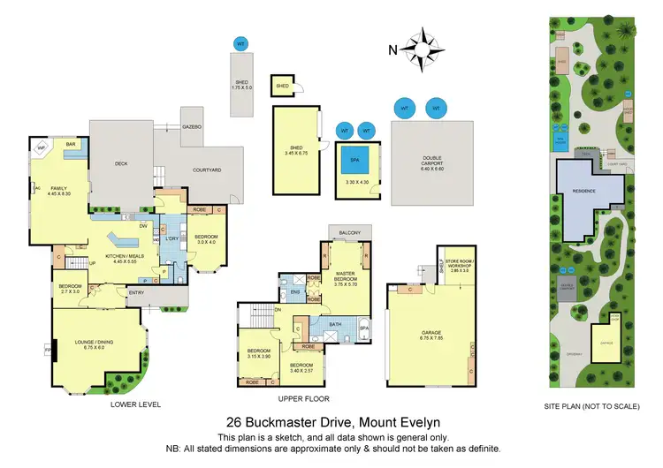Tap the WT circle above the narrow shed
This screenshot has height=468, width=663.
[x=240, y=43]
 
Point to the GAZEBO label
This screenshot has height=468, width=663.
[x=193, y=127]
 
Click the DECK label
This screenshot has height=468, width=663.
[x=122, y=163]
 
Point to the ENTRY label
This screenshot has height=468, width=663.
[x=136, y=292]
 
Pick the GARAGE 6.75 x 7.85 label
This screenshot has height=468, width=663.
[x=431, y=336]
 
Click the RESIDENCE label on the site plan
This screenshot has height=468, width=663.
[x=583, y=191]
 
